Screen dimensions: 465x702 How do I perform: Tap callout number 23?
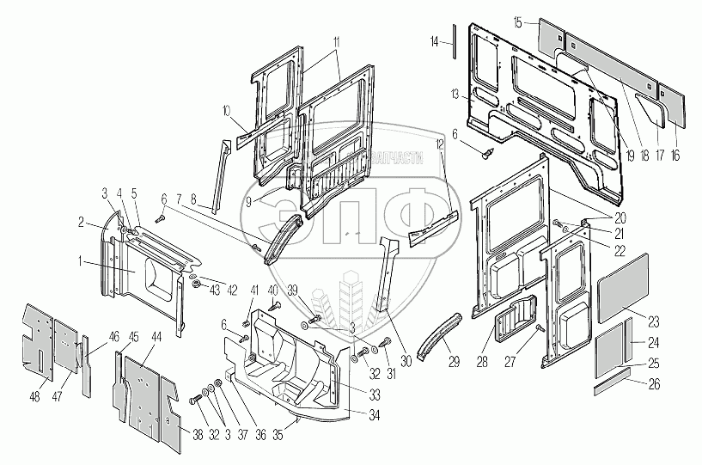click(x=655, y=322)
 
